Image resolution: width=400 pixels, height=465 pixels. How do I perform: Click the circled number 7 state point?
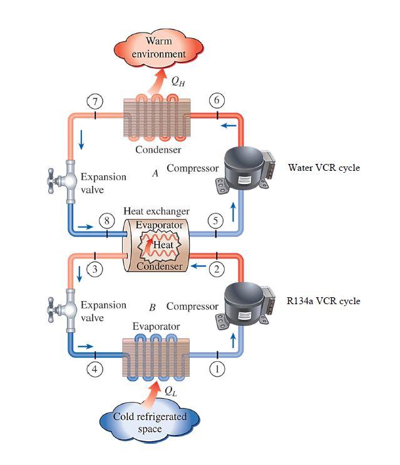(x=94, y=101)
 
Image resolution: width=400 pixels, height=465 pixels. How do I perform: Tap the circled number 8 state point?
(x=107, y=220)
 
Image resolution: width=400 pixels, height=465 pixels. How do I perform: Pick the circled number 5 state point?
(x=216, y=220)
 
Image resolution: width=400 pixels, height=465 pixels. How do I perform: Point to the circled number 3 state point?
(x=94, y=270)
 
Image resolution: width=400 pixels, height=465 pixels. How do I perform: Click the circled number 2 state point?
(x=216, y=269)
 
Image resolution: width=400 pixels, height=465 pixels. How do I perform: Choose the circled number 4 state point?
(x=94, y=369)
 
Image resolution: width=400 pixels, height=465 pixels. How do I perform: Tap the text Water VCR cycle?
(x=324, y=168)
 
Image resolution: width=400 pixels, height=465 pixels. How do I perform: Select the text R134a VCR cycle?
(x=324, y=301)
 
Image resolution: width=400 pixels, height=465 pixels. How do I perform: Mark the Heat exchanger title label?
(x=156, y=212)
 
